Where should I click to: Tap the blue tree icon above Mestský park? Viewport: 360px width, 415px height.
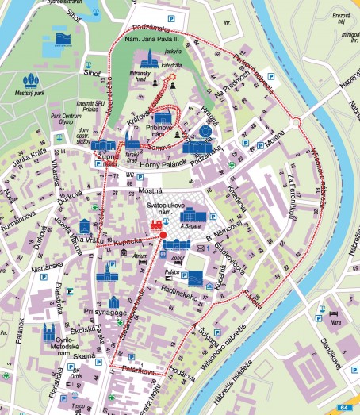point(31,82)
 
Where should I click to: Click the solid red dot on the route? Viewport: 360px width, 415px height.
point(163,235)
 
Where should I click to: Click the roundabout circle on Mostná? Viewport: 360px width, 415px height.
point(295,123)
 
